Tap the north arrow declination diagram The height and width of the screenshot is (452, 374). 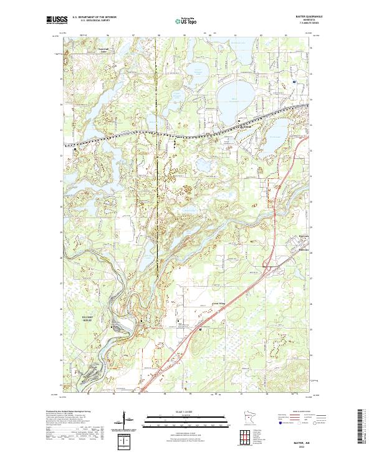(x=130, y=421)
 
